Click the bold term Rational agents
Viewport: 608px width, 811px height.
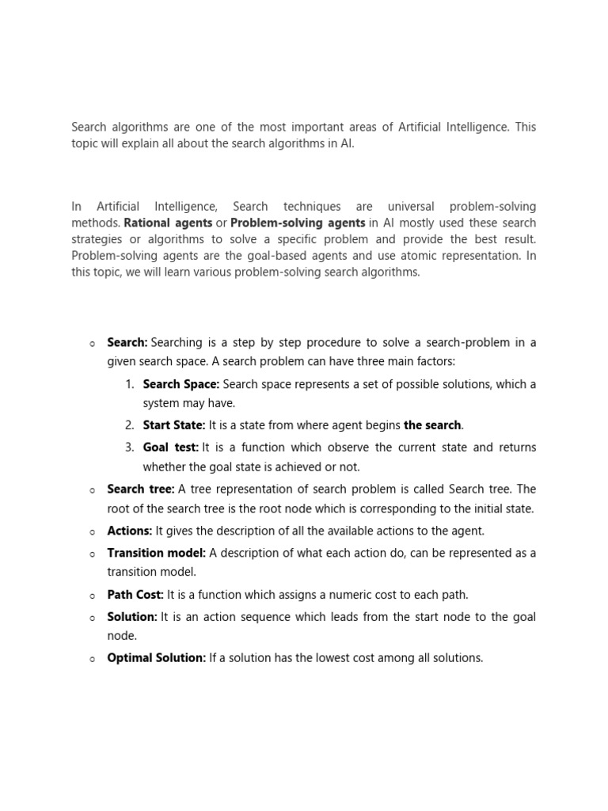(x=168, y=223)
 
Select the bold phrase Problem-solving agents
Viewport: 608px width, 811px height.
(x=298, y=223)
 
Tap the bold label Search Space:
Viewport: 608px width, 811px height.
(x=180, y=384)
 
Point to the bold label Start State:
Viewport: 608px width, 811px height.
(x=174, y=425)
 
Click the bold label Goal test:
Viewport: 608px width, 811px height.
(x=171, y=447)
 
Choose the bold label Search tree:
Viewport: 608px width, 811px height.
(x=141, y=489)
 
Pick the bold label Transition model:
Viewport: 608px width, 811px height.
(x=157, y=553)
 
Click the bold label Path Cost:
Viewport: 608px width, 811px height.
(x=135, y=595)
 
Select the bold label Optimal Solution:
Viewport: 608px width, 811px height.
(x=157, y=658)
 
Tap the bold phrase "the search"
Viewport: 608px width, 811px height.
(x=432, y=425)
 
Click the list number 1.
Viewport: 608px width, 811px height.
(x=130, y=384)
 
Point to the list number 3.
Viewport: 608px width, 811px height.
(x=130, y=447)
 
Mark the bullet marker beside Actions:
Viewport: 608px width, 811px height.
(x=92, y=531)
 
